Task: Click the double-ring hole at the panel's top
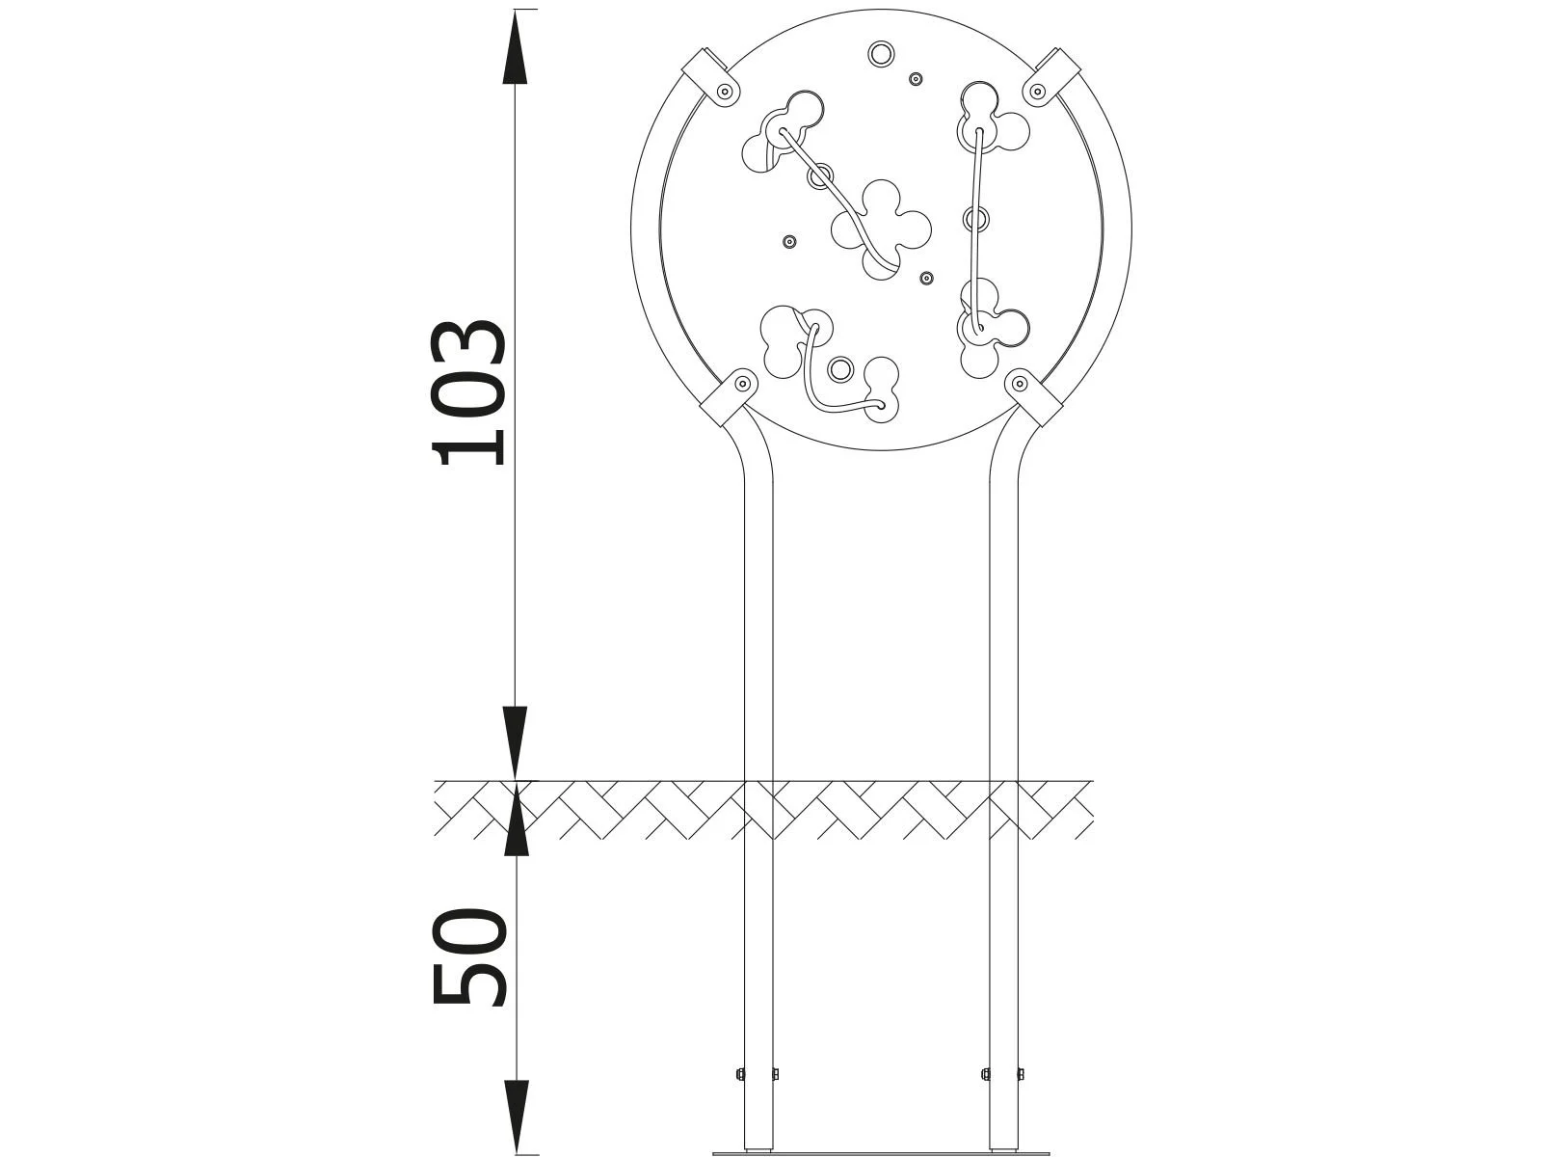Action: pos(880,53)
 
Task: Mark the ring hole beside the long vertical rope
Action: pos(976,219)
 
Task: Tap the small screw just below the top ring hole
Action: pos(917,79)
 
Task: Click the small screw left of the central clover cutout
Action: pos(790,241)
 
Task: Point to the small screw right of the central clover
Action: pos(926,279)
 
